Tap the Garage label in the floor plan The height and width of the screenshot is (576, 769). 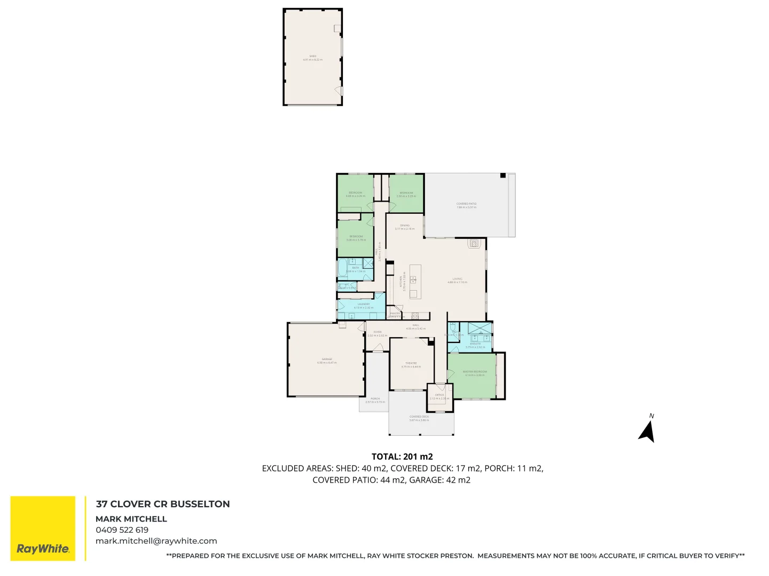point(327,361)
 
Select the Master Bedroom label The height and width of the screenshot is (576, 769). point(475,373)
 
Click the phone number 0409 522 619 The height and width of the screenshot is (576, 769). point(122,530)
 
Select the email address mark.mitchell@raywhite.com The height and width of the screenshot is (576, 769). point(156,541)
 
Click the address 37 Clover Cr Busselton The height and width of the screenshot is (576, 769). point(163,504)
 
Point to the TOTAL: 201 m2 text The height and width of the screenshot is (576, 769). point(402,457)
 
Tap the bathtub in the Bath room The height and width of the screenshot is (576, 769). point(342,268)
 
